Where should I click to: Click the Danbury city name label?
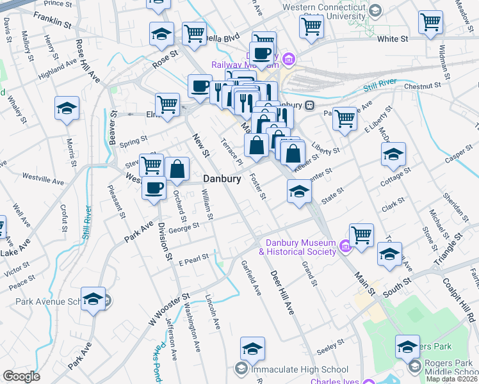coord(222,179)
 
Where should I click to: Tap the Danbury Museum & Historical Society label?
coord(297,247)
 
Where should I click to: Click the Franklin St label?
coord(53,19)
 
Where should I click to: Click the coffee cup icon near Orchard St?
coord(154,188)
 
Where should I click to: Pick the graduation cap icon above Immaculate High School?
coord(252,349)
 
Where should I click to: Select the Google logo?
coord(21,376)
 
